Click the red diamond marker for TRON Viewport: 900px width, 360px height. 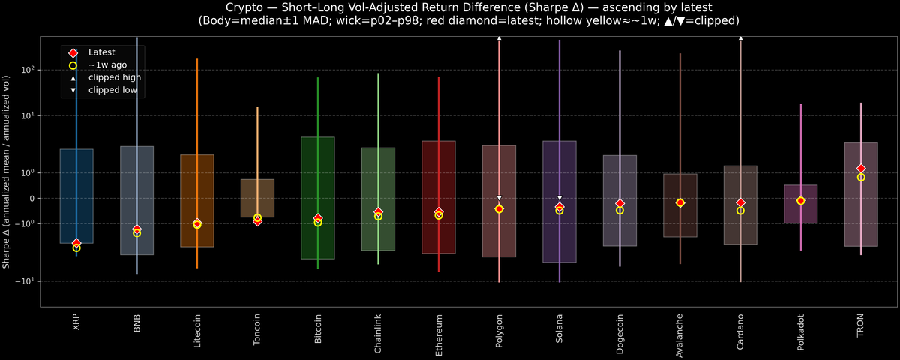pos(861,169)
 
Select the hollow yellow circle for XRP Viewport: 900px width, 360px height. pos(76,247)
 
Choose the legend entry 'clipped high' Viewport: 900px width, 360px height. pos(114,77)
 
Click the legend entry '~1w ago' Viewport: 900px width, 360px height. pos(107,65)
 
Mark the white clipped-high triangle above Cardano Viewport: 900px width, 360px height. pos(740,37)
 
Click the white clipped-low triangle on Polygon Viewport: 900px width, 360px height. pos(499,198)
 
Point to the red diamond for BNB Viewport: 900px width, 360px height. pos(136,229)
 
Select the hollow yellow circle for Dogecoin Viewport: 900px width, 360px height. pos(619,211)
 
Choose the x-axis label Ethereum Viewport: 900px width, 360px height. pos(439,334)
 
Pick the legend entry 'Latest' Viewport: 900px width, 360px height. pos(102,52)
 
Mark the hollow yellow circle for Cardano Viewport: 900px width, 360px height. pos(740,211)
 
